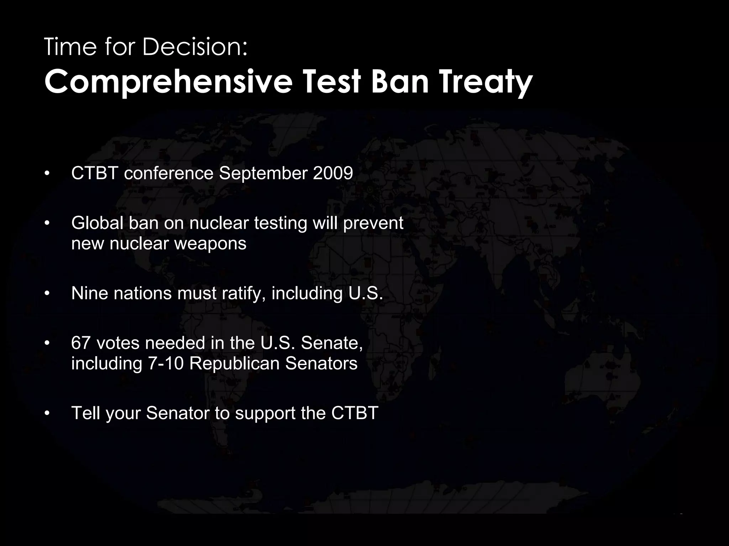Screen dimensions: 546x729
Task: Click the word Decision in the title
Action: coord(195,47)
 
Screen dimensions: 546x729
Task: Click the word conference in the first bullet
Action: coord(169,173)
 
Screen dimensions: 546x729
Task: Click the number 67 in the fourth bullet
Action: coord(81,343)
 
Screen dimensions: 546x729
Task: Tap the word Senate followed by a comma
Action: coord(331,343)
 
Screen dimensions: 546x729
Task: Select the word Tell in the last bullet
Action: coord(85,413)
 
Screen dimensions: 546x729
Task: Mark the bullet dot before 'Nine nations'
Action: coord(46,294)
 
